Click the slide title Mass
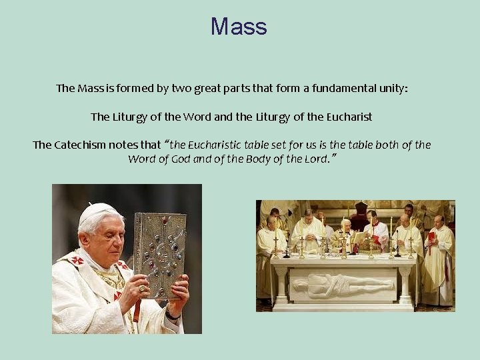239,27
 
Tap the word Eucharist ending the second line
349,117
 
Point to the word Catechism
83,145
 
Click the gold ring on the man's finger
142,288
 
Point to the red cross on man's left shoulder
77,260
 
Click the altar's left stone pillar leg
282,283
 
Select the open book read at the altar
361,238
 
